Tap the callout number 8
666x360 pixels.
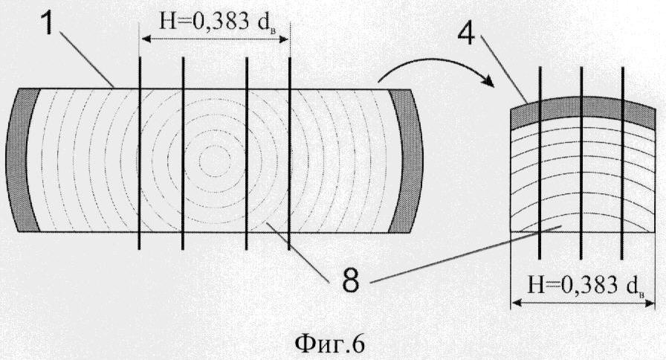(350, 280)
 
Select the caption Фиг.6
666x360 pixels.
(329, 344)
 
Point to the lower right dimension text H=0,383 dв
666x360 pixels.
(586, 286)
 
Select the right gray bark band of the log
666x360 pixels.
(406, 160)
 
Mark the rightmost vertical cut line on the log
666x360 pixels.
(289, 153)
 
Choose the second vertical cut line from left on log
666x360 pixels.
(183, 153)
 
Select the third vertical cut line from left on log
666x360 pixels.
(246, 153)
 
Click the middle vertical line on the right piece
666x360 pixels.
(581, 163)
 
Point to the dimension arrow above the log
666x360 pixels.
(215, 39)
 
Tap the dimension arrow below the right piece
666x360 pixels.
(583, 303)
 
